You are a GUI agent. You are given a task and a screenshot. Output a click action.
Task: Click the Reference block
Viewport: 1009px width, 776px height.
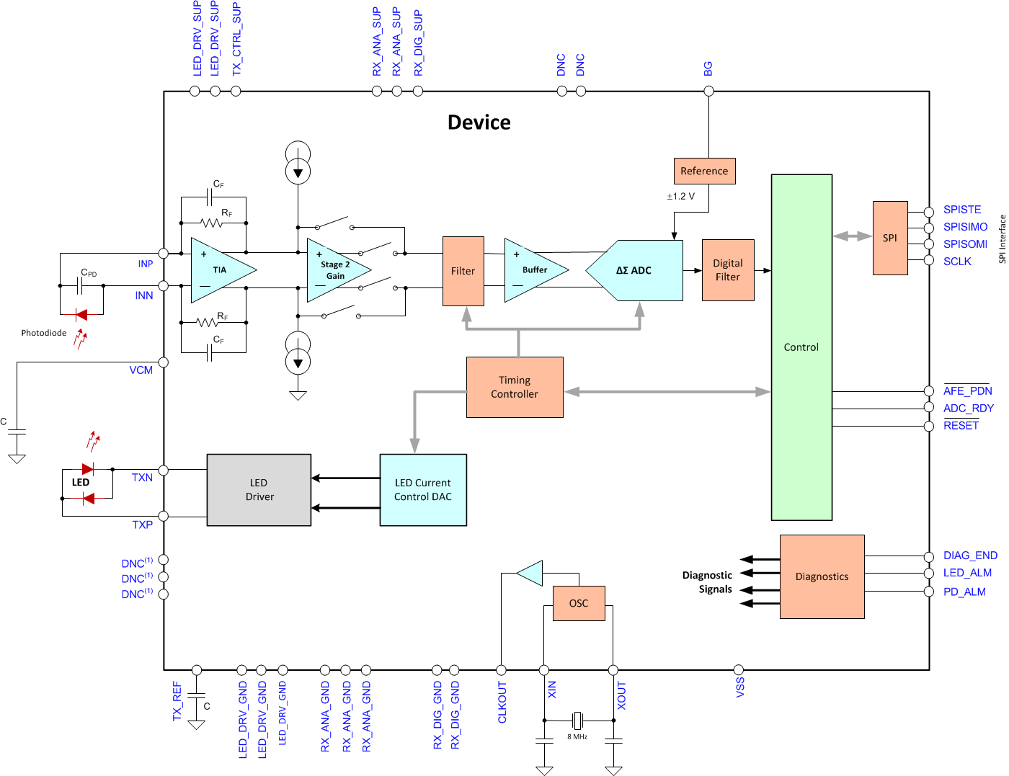coord(704,171)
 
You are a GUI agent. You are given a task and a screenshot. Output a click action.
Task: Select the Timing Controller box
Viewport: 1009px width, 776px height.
coord(515,387)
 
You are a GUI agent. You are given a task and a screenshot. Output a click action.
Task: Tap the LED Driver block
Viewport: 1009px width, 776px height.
coord(259,490)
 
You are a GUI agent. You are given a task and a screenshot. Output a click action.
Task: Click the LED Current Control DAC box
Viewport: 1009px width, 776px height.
coord(423,490)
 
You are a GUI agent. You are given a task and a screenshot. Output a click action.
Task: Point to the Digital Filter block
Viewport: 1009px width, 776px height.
coord(728,270)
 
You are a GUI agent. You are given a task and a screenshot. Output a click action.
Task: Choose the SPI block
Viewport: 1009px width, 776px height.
coord(890,238)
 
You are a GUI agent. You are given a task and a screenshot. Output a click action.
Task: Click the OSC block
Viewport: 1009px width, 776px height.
coord(579,603)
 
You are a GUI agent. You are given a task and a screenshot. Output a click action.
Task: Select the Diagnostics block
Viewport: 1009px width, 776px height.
coord(822,576)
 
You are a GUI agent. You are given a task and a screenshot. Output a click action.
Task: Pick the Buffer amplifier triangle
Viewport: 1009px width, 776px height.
coord(533,270)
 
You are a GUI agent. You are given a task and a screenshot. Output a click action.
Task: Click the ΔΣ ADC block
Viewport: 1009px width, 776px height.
coord(634,270)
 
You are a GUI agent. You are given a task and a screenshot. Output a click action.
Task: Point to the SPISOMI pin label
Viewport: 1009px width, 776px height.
coord(965,244)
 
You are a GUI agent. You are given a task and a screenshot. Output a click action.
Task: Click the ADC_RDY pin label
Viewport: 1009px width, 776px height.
coord(968,409)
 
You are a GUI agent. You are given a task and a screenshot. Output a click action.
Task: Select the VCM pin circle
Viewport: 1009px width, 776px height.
coord(164,362)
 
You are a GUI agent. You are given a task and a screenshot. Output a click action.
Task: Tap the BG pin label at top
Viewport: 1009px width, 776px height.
coord(708,68)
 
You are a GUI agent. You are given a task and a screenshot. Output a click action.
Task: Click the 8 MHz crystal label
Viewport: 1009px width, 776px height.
coord(577,737)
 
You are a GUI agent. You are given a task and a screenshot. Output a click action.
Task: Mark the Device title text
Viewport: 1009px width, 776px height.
coord(479,122)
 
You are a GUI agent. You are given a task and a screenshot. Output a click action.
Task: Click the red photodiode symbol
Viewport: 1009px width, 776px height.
coord(81,314)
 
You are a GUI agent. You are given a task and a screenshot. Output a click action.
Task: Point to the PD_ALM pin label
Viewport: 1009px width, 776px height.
coord(964,592)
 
